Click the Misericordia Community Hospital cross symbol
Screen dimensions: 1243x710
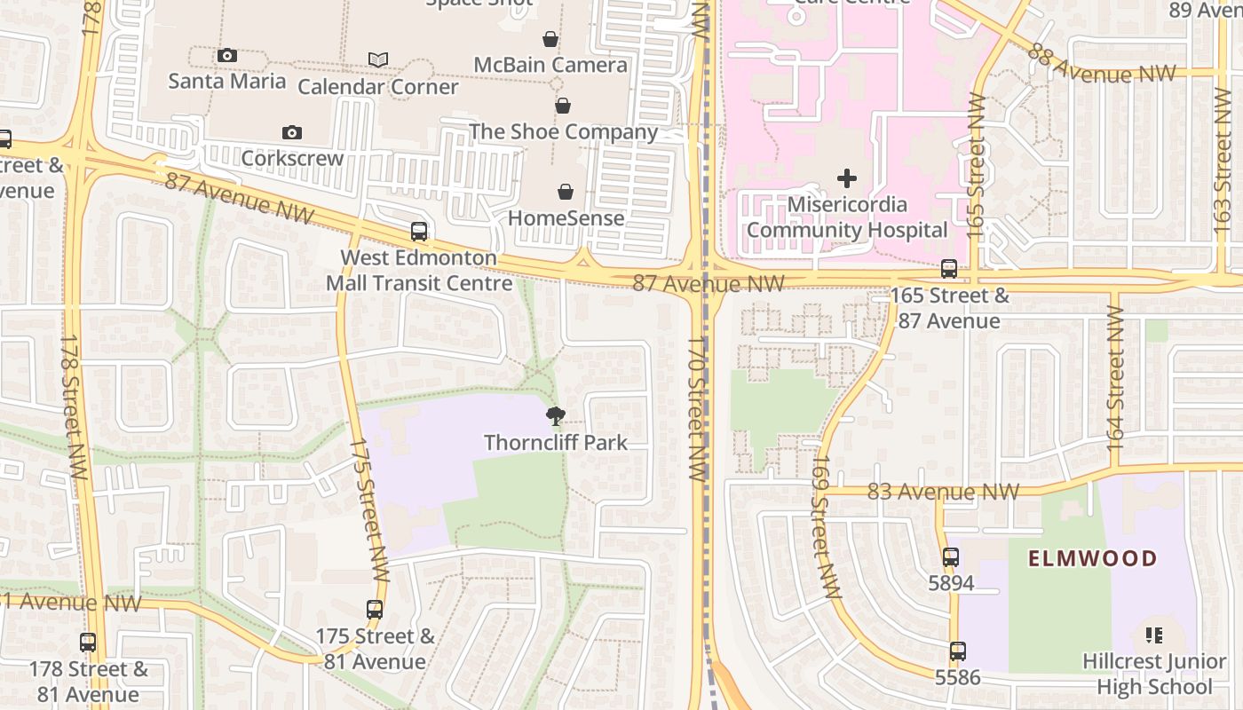pyautogui.click(x=847, y=178)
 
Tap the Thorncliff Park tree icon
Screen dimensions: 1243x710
pyautogui.click(x=556, y=415)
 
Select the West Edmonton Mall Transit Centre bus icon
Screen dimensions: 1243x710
pyautogui.click(x=419, y=232)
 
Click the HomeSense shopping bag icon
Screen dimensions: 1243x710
pyautogui.click(x=566, y=192)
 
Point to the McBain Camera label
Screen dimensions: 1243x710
pyautogui.click(x=550, y=65)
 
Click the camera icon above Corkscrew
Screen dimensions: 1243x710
pyautogui.click(x=292, y=133)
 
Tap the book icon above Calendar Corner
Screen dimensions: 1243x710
pyautogui.click(x=378, y=59)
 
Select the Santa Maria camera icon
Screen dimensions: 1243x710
pyautogui.click(x=227, y=56)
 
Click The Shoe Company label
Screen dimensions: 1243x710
pyautogui.click(x=563, y=132)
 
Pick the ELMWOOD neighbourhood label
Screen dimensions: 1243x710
pyautogui.click(x=1093, y=558)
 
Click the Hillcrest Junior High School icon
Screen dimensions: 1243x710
pyautogui.click(x=1154, y=635)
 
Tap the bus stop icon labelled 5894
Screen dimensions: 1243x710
pyautogui.click(x=951, y=557)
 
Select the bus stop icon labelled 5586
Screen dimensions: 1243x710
pyautogui.click(x=957, y=651)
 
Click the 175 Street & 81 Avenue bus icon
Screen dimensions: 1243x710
pyautogui.click(x=375, y=610)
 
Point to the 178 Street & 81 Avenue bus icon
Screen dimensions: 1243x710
pyautogui.click(x=88, y=643)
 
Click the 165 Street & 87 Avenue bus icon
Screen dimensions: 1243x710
pyautogui.click(x=949, y=269)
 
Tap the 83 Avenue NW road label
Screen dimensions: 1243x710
pyautogui.click(x=942, y=492)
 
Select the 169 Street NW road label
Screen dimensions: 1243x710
pyautogui.click(x=826, y=527)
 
